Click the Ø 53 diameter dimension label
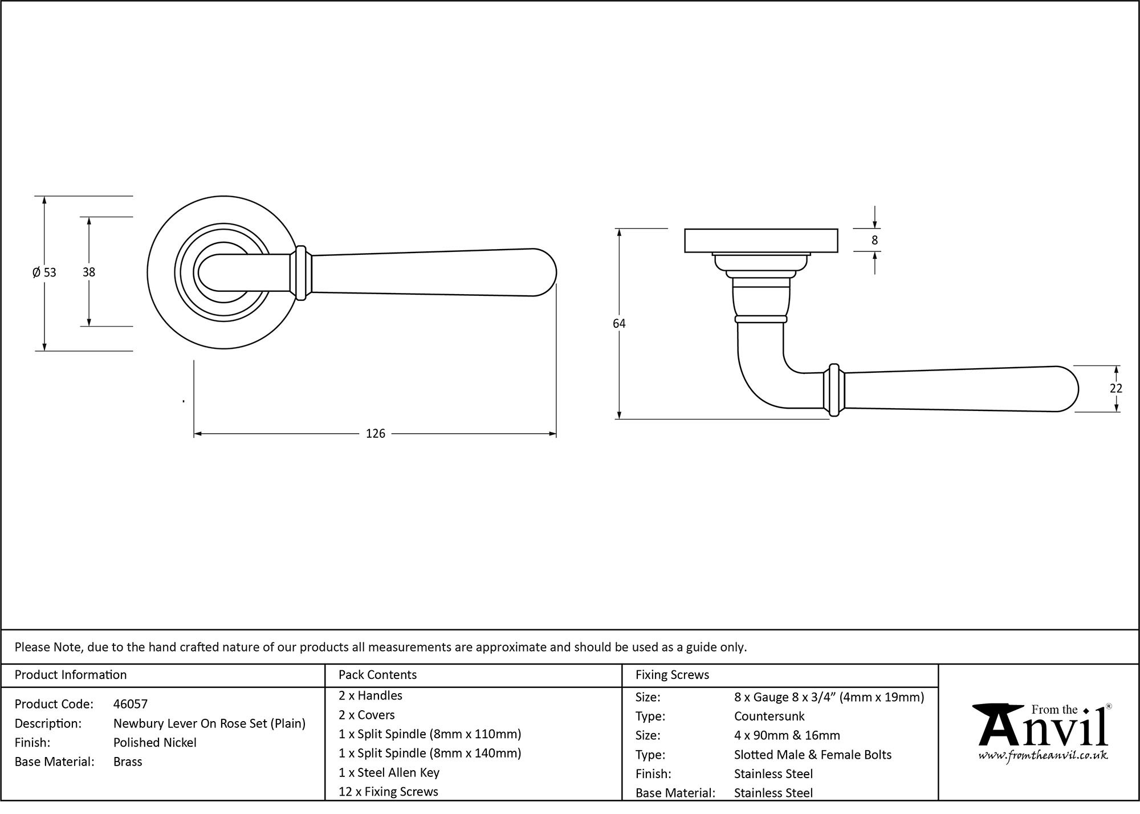pyautogui.click(x=44, y=272)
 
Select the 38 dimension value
pyautogui.click(x=88, y=272)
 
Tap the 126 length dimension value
pyautogui.click(x=375, y=434)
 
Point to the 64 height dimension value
pyautogui.click(x=619, y=324)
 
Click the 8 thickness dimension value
pyautogui.click(x=874, y=241)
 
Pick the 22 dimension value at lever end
pyautogui.click(x=1115, y=388)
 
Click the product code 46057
pyautogui.click(x=131, y=704)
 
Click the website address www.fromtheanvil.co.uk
pyautogui.click(x=1043, y=755)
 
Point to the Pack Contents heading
pyautogui.click(x=377, y=675)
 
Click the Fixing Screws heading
pyautogui.click(x=672, y=675)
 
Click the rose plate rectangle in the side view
pyautogui.click(x=760, y=240)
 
